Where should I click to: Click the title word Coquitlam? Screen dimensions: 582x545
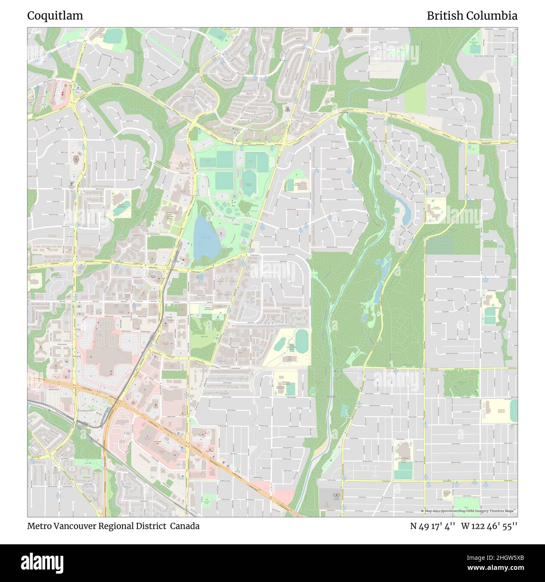55,15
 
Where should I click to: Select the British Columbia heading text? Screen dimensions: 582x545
472,15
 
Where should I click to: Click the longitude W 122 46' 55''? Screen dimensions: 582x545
489,526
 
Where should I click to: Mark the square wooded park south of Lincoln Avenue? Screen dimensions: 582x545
461,381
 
